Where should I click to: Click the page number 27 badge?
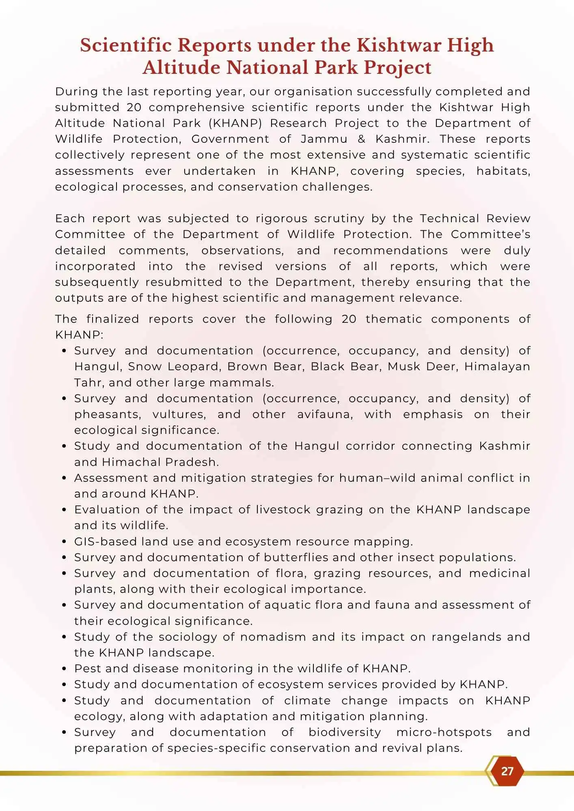[507, 771]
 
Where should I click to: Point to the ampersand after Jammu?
[361, 139]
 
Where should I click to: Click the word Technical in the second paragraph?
[449, 219]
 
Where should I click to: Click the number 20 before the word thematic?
[349, 319]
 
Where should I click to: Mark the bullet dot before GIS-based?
[64, 542]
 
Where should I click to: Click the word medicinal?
[500, 573]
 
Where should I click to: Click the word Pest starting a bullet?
[88, 669]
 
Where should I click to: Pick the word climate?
[307, 701]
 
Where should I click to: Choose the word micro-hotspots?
[444, 732]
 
